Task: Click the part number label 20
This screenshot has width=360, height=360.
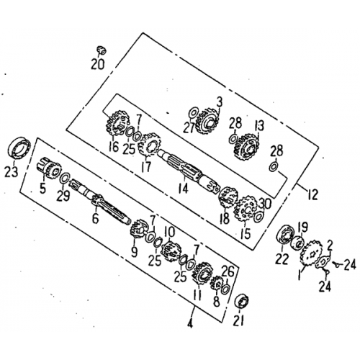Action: pos(98,64)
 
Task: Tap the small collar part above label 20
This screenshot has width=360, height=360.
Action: pos(102,50)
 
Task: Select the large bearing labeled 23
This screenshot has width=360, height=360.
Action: pos(19,148)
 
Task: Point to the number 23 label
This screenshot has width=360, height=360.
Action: pos(12,171)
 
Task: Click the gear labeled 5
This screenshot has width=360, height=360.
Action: pos(49,169)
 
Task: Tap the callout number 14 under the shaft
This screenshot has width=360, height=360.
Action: pos(184,188)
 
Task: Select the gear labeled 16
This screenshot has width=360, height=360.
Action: pos(117,125)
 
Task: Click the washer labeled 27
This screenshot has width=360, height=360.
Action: pos(194,113)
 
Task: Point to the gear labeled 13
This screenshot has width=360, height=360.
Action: pos(246,146)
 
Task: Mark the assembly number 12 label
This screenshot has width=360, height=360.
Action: pos(312,194)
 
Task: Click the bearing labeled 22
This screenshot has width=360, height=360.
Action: pos(285,235)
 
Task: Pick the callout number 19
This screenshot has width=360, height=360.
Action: pos(302,227)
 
